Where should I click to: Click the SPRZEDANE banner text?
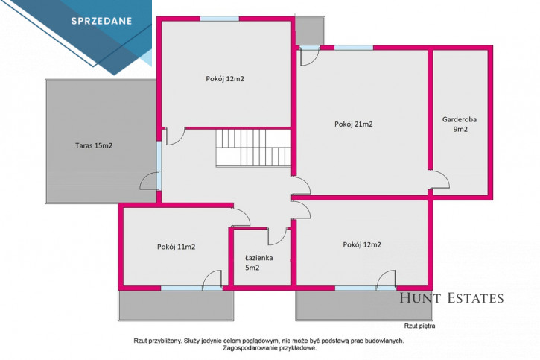(x=101, y=21)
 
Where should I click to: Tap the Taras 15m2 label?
(x=94, y=146)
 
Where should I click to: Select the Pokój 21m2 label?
(x=354, y=124)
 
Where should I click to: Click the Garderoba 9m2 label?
(x=460, y=124)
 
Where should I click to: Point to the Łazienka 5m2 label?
(x=259, y=262)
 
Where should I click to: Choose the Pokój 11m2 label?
(x=177, y=247)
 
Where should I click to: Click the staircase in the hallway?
(x=254, y=148)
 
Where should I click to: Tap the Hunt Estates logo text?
(x=451, y=298)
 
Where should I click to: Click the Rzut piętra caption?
(x=420, y=326)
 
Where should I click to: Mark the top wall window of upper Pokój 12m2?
(x=220, y=19)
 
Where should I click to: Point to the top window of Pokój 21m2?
(x=354, y=48)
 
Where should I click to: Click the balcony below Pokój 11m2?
(x=176, y=306)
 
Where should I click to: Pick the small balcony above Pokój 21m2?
(x=310, y=31)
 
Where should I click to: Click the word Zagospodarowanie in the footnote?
(x=245, y=348)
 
